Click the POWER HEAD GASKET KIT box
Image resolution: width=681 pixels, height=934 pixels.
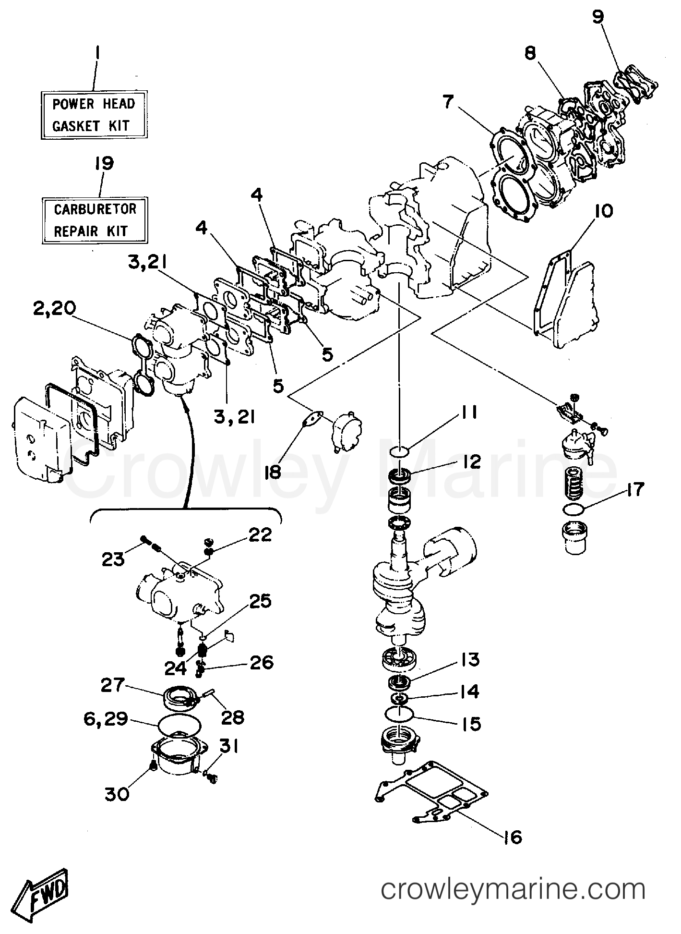tap(94, 115)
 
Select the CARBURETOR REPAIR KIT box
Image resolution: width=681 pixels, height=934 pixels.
tap(95, 220)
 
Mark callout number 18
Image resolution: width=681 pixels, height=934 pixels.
tap(272, 472)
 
